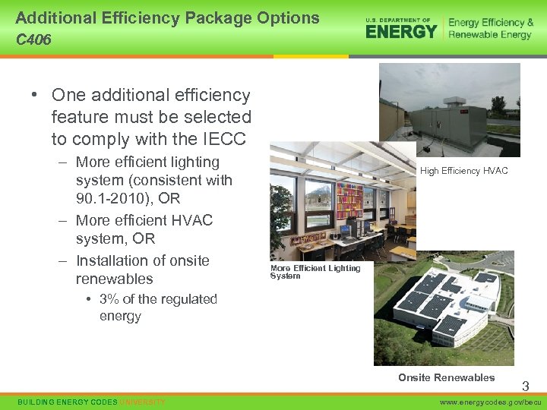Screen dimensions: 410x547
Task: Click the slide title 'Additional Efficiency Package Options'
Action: [x=167, y=17]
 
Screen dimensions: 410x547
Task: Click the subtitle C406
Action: [x=33, y=39]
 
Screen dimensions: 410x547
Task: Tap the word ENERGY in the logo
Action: [x=401, y=31]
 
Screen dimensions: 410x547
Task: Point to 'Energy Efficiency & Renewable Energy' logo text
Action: [x=490, y=29]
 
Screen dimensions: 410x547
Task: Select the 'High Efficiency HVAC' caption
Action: [x=463, y=171]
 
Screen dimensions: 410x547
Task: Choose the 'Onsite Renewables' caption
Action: [x=446, y=377]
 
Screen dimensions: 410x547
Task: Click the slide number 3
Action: [x=525, y=386]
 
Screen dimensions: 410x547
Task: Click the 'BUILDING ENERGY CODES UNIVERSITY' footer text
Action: [x=91, y=402]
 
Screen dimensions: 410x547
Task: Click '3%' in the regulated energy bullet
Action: [x=111, y=299]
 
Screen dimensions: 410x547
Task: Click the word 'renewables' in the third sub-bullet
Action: [x=114, y=279]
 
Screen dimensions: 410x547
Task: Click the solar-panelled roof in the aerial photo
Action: [x=448, y=304]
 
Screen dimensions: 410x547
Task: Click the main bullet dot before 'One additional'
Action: [x=35, y=96]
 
